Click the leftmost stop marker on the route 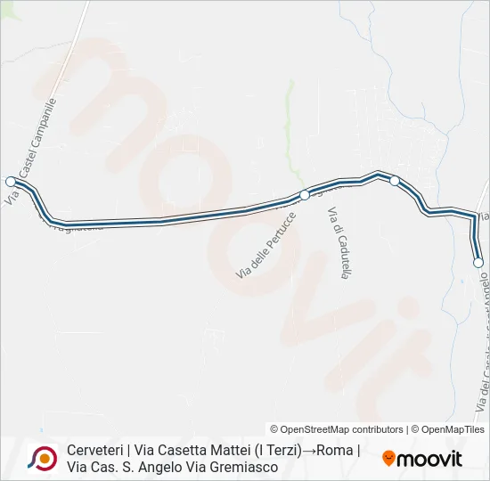click(11, 180)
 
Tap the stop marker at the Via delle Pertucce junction click(304, 194)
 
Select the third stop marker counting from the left click(395, 181)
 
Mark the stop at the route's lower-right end click(478, 262)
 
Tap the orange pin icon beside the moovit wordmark click(388, 459)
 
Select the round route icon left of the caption click(41, 458)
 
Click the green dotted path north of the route click(290, 116)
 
